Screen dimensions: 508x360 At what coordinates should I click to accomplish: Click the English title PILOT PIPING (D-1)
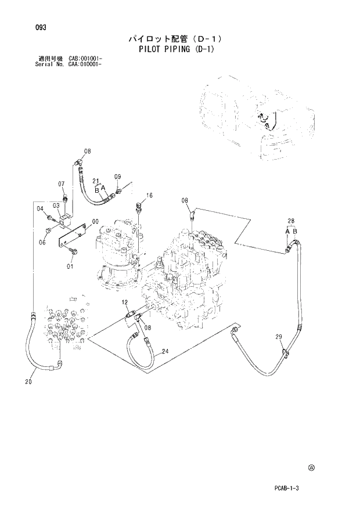pos(177,49)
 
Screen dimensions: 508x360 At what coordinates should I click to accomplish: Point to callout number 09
pos(117,176)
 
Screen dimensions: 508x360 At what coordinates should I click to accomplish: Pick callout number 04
pos(41,208)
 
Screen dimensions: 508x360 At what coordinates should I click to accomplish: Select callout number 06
pos(42,243)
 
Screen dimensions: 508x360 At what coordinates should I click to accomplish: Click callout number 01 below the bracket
pos(70,266)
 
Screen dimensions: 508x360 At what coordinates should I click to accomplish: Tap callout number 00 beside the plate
pos(95,221)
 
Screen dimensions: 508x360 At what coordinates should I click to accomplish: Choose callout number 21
pos(96,181)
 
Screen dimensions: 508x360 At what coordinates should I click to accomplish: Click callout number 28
pos(291,221)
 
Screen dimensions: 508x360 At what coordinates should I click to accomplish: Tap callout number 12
pos(124,302)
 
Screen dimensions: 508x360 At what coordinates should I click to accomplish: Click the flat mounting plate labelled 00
pos(72,239)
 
